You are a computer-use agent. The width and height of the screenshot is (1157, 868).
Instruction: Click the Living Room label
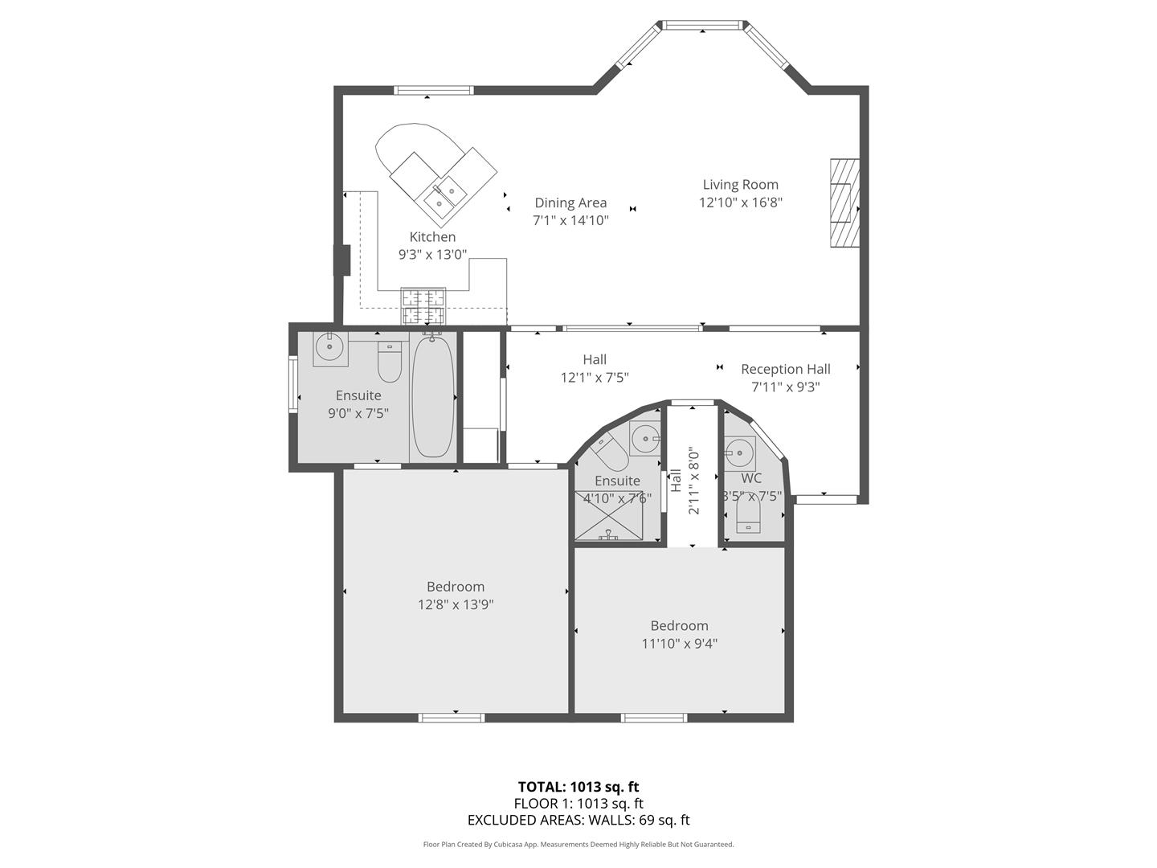point(740,185)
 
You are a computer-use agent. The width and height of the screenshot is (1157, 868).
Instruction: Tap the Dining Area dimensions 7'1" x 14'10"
point(570,220)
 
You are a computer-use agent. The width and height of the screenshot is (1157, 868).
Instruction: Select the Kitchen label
point(432,236)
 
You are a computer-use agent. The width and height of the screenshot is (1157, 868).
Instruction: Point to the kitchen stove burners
point(423,306)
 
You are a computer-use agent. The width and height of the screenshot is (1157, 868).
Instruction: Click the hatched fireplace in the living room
point(845,203)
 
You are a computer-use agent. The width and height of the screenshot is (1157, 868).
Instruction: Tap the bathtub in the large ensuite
point(433,395)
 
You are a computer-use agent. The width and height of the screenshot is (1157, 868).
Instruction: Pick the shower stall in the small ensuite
point(609,515)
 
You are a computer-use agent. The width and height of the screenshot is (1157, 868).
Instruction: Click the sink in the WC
point(739,453)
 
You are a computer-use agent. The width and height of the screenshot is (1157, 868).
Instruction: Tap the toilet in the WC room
point(748,514)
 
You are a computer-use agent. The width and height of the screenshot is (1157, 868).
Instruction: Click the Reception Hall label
point(785,369)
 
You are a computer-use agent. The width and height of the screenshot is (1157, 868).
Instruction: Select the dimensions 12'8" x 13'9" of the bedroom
point(456,604)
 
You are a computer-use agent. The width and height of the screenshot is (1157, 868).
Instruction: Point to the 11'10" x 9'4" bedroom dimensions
point(679,644)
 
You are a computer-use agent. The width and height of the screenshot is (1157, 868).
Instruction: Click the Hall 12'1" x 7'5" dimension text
point(594,378)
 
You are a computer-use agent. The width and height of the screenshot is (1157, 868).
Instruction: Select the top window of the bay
point(701,25)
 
